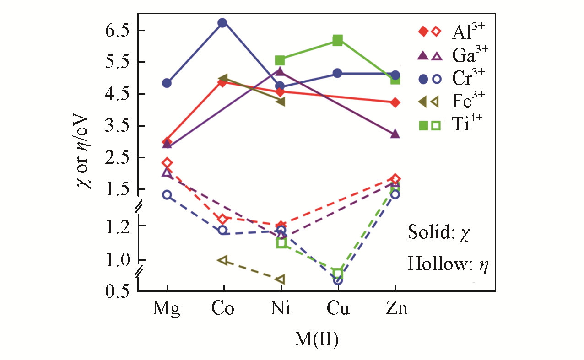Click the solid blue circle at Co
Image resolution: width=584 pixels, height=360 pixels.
tap(223, 23)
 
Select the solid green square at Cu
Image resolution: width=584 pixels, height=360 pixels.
tap(338, 40)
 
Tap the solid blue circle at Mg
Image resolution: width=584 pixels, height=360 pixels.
tap(167, 83)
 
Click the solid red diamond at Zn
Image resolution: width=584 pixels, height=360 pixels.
tap(395, 102)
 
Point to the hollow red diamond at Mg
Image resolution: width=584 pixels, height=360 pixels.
tap(167, 162)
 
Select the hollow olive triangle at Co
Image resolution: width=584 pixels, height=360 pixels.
tap(223, 260)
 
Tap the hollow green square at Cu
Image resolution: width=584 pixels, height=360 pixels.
tap(338, 274)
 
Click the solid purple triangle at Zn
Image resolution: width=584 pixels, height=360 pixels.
tap(395, 134)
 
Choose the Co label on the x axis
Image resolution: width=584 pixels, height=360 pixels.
tap(223, 309)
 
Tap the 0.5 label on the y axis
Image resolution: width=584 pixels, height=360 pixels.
tap(119, 291)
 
